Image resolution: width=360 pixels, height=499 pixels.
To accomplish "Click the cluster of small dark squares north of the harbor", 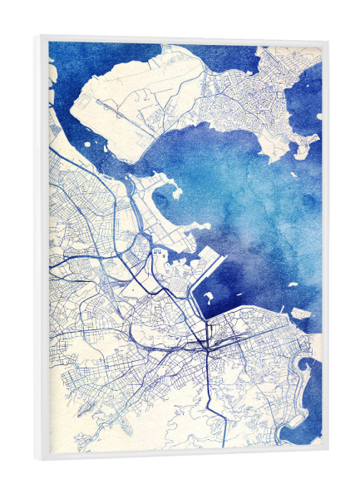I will (x=158, y=250).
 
